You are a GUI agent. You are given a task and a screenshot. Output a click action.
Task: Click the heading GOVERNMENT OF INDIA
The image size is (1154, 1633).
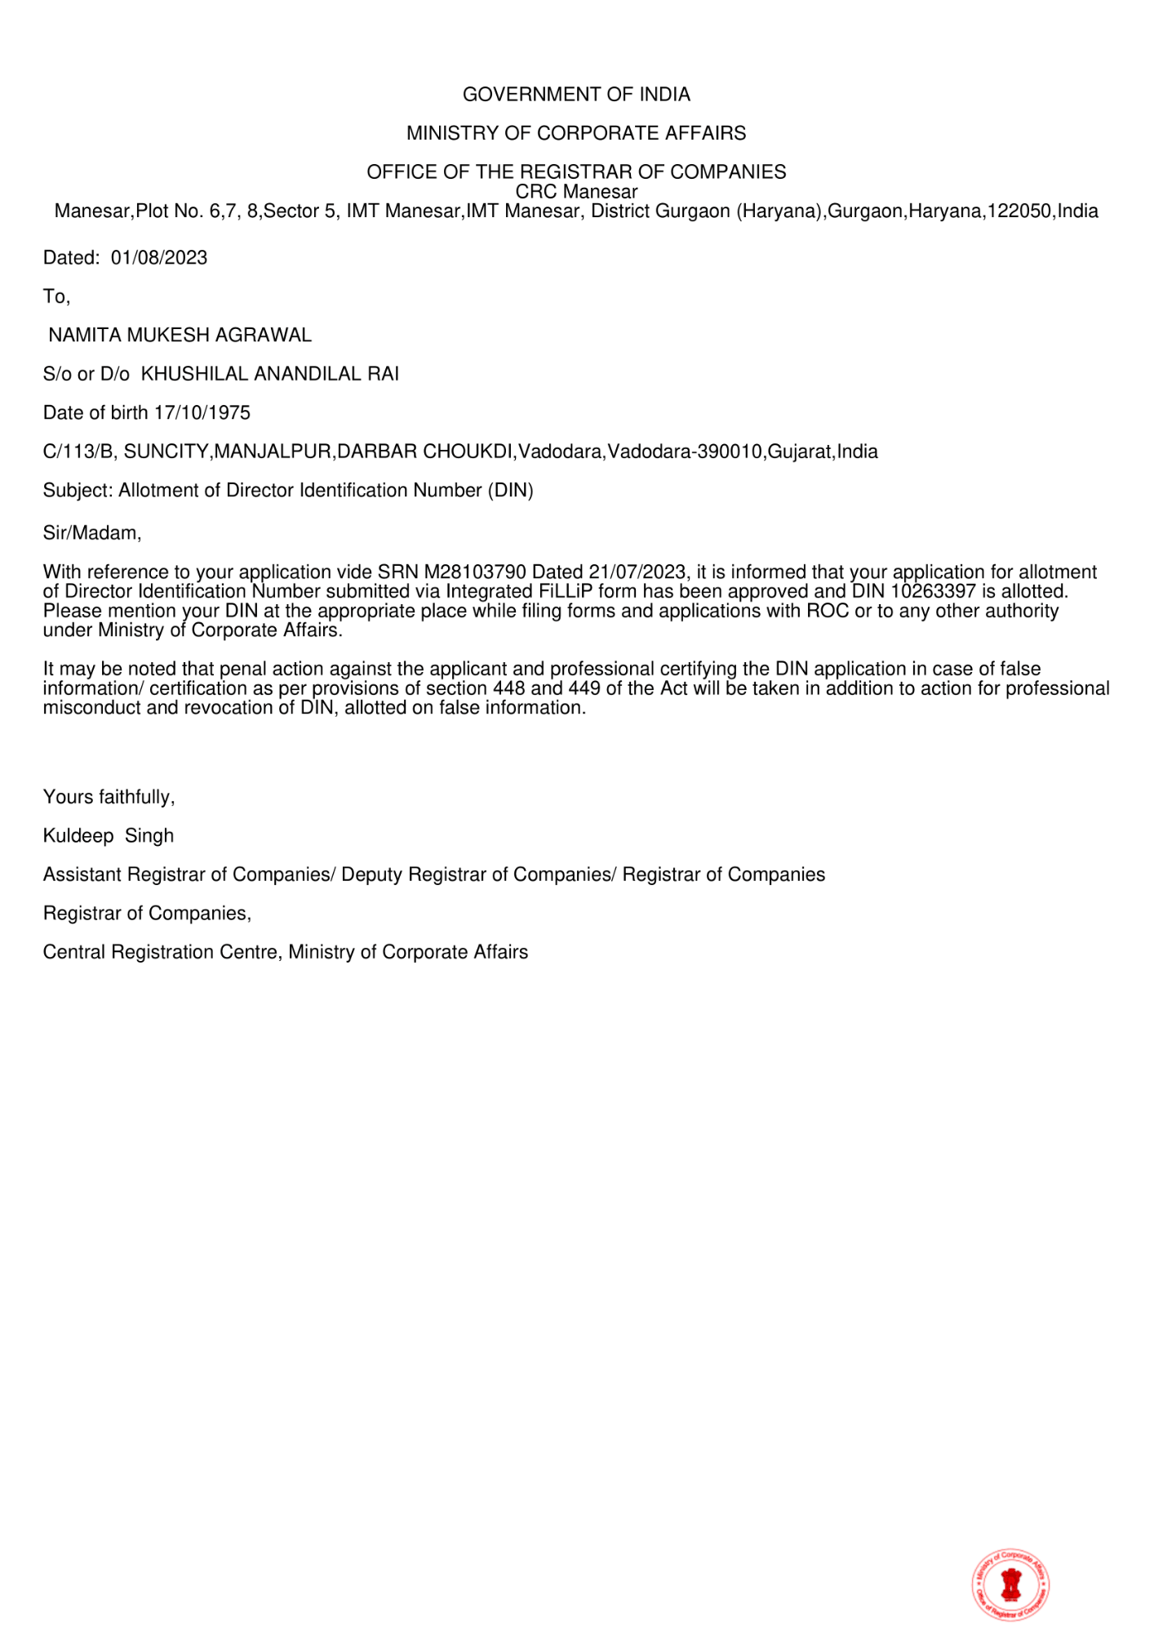click(x=576, y=95)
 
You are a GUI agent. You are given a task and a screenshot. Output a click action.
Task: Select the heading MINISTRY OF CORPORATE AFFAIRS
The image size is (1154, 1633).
click(x=576, y=133)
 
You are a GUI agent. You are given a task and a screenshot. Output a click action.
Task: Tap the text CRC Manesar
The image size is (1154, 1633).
click(x=576, y=192)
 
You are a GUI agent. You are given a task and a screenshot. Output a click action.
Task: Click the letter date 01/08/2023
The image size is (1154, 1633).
click(x=159, y=258)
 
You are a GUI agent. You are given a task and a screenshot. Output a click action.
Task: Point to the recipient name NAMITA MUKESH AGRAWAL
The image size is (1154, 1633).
click(x=180, y=336)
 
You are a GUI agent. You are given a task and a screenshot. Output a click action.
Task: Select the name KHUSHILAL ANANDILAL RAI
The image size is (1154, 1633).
click(x=270, y=374)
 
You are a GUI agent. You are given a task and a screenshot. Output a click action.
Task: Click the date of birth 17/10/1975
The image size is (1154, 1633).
click(x=202, y=413)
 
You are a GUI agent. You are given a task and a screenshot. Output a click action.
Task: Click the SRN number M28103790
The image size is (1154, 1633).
click(x=475, y=572)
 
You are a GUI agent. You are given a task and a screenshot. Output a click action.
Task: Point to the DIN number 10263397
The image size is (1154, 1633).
click(x=934, y=591)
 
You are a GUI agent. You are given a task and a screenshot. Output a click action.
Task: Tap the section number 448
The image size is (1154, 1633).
click(x=509, y=688)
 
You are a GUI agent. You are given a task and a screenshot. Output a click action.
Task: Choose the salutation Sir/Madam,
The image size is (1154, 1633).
click(x=92, y=533)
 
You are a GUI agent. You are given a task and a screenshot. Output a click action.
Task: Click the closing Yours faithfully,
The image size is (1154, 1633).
click(x=109, y=797)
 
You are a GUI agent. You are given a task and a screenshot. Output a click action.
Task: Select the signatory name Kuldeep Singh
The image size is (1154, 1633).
click(x=109, y=836)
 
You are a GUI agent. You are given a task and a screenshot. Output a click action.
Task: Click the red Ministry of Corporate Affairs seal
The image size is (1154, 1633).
click(x=1010, y=1585)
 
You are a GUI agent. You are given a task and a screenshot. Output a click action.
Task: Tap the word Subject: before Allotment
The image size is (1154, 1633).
click(x=78, y=491)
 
